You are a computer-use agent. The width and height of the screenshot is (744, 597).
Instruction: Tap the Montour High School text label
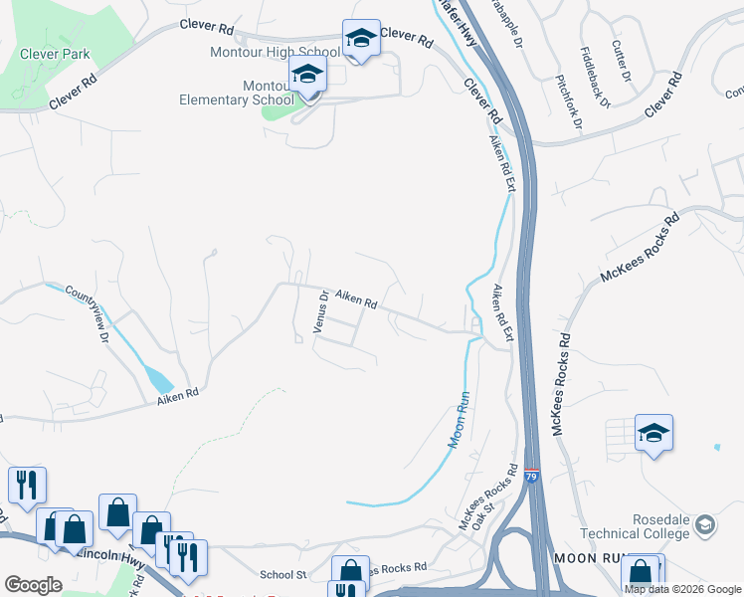[x=276, y=52]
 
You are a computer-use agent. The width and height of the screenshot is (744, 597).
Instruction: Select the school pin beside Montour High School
[x=361, y=39]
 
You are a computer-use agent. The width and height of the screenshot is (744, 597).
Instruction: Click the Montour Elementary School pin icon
[x=308, y=75]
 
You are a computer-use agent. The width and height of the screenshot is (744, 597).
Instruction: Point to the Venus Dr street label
[x=320, y=310]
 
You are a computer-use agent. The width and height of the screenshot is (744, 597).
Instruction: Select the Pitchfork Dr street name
[x=569, y=101]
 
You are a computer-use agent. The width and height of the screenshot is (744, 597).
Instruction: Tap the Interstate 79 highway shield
[x=531, y=479]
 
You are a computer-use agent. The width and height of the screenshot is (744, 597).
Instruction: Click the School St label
[x=282, y=574]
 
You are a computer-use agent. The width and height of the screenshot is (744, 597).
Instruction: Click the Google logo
[x=33, y=585]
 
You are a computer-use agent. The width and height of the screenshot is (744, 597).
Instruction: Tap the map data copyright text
[x=683, y=589]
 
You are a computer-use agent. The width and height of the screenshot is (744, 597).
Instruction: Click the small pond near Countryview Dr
[x=158, y=379]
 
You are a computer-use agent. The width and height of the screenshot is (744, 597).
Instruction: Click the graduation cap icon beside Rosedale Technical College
[x=705, y=524]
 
